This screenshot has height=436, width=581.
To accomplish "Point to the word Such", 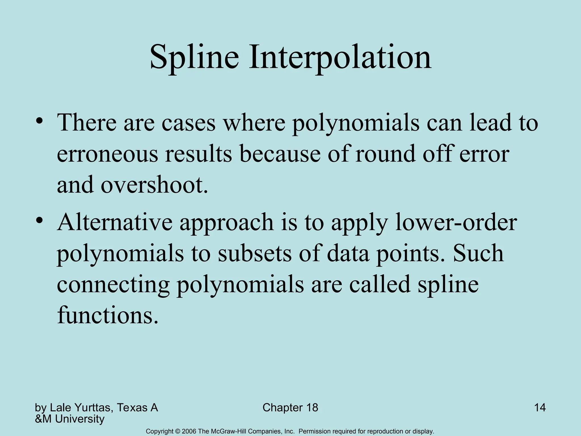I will tap(478, 253).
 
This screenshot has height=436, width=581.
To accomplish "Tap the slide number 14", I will tap(540, 408).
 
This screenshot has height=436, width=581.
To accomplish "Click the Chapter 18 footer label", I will tap(290, 408).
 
